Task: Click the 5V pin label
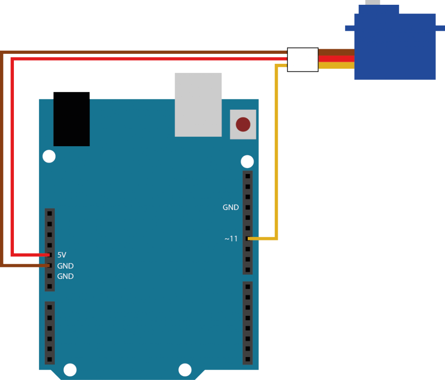pos(62,255)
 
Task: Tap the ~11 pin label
pos(231,239)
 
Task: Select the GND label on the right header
pos(231,207)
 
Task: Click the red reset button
pos(243,124)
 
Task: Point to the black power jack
pos(71,119)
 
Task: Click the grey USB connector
pos(198,105)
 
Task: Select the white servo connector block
pos(303,60)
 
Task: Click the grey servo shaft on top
pos(372,2)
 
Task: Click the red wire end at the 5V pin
pos(49,255)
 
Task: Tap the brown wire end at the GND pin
pos(49,265)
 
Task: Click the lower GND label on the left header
pos(65,276)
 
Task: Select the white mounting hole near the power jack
pos(49,156)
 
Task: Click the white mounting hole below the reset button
pos(247,162)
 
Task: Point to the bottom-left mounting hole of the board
pos(70,370)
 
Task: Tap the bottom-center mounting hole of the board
pos(185,370)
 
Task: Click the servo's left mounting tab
pos(349,28)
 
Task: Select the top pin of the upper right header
pos(247,176)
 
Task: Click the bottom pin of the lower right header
pos(247,360)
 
